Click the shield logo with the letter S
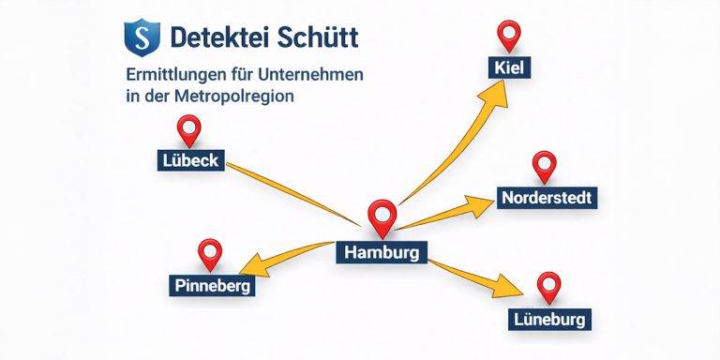coord(142,38)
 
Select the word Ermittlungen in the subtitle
coord(175,74)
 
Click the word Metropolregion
coord(249,96)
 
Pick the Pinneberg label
coord(212,284)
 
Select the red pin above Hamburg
coord(381,217)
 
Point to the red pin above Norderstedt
coord(544,167)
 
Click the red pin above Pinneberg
coord(211,252)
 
